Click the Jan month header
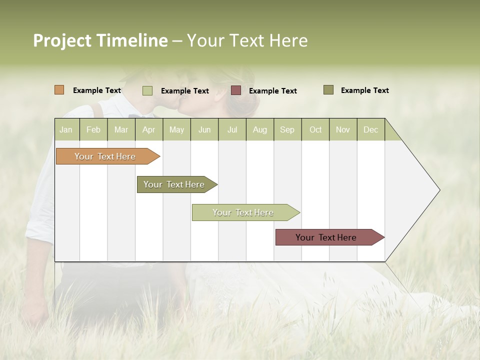click(66, 129)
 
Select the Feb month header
click(93, 129)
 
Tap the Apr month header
click(148, 129)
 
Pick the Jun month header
click(204, 129)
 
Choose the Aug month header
click(259, 129)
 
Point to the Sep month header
click(287, 129)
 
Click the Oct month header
click(315, 129)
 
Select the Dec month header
click(370, 129)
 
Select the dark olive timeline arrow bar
click(175, 184)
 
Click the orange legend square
click(59, 90)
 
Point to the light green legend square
click(147, 90)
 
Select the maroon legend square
click(236, 90)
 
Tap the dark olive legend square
click(328, 90)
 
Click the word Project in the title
click(62, 40)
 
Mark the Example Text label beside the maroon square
click(272, 91)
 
